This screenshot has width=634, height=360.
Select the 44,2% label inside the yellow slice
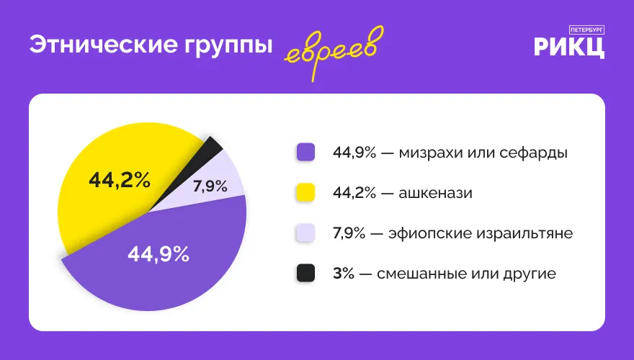[x=120, y=180]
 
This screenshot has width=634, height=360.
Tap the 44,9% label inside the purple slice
[x=158, y=254]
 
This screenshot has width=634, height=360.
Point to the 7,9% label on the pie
[x=210, y=186]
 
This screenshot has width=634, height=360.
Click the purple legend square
[x=305, y=153]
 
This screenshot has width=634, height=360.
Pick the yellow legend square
[x=305, y=192]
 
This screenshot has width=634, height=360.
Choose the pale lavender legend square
[x=305, y=233]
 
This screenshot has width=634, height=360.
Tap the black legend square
[x=305, y=273]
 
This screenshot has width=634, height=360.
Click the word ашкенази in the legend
[x=435, y=193]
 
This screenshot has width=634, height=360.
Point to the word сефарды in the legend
[x=533, y=153]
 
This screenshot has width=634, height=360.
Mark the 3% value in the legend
[x=343, y=274]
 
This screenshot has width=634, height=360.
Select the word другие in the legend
[x=530, y=274]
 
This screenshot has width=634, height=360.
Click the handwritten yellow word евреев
[x=334, y=53]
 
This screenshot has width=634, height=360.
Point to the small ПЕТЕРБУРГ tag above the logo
[x=586, y=30]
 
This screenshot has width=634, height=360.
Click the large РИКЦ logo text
[x=569, y=48]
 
